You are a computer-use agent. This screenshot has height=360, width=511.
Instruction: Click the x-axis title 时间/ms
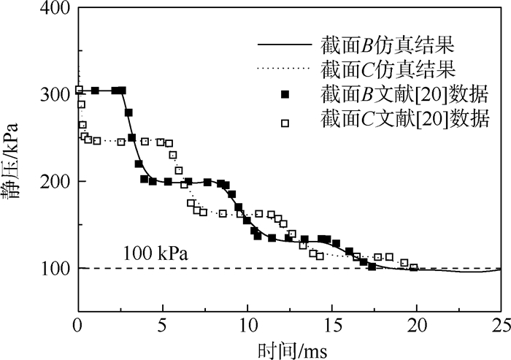pyautogui.click(x=289, y=346)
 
